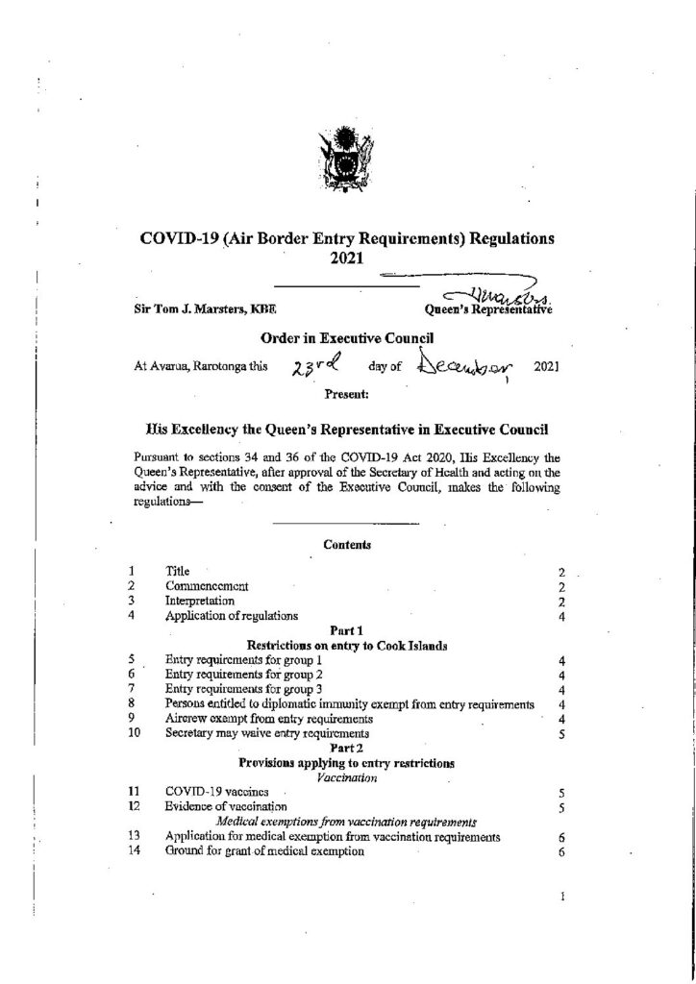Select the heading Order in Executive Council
[347, 338]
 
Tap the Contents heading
[347, 544]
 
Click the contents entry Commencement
[208, 585]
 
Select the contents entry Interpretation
[200, 601]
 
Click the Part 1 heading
[347, 630]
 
